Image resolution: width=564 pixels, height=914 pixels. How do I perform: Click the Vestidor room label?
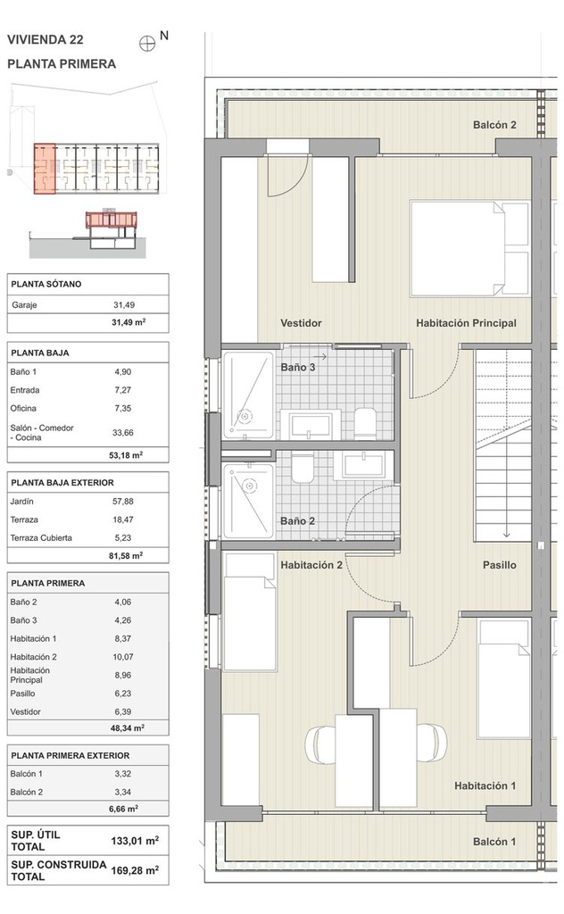tap(301, 323)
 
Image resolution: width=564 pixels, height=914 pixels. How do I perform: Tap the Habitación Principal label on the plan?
tap(466, 323)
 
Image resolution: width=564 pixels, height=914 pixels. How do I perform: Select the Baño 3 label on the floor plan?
tap(298, 367)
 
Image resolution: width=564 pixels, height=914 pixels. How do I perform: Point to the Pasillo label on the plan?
tap(500, 565)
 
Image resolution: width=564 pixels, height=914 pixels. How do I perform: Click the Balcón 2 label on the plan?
tap(494, 125)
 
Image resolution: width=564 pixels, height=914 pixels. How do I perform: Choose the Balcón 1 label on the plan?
tap(494, 842)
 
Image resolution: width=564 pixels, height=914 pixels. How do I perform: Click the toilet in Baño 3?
tap(365, 422)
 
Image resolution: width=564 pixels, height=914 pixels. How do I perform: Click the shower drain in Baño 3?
tap(245, 417)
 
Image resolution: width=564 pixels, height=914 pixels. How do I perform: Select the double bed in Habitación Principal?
tap(470, 249)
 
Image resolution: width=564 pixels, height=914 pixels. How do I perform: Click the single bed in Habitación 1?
tap(503, 678)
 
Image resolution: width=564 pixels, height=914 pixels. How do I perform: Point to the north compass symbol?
tap(147, 43)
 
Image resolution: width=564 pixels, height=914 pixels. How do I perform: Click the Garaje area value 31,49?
tap(124, 305)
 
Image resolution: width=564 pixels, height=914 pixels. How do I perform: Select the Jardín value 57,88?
tap(123, 502)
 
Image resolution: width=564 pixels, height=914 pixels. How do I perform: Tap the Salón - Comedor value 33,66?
tap(123, 433)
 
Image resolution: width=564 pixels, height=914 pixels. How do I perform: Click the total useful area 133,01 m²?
tap(135, 841)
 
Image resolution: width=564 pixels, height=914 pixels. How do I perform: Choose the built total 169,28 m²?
tap(135, 870)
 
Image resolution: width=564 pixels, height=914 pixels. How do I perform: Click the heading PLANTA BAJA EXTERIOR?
tap(62, 483)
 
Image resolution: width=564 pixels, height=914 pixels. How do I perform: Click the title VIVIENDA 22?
tap(46, 39)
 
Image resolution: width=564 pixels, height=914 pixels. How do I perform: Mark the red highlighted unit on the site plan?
tap(45, 169)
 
